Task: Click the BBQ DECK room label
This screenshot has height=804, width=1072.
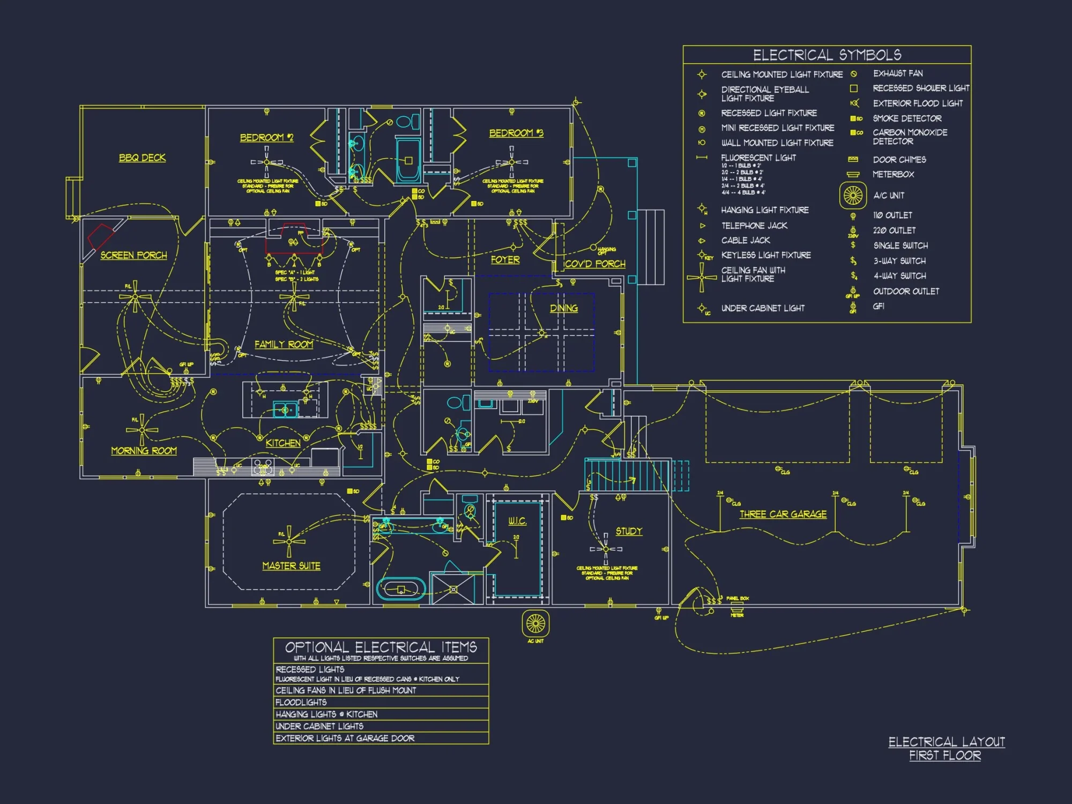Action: coord(142,158)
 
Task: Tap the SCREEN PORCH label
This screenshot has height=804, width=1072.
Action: coord(133,255)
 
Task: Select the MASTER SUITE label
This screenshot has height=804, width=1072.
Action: coord(291,565)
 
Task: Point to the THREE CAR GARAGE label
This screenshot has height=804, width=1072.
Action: coord(783,514)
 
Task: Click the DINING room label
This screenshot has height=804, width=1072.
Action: coord(564,308)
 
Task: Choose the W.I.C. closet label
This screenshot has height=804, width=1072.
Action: coord(517,521)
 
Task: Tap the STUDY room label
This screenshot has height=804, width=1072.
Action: coord(629,531)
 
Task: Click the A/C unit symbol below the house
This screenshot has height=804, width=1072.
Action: coord(535,623)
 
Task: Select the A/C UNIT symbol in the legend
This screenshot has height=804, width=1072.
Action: coord(853,195)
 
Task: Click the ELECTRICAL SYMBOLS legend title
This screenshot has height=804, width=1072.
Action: coord(827,55)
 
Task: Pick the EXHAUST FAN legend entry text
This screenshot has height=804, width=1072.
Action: coord(898,73)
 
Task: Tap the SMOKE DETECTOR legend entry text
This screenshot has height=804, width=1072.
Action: coord(907,118)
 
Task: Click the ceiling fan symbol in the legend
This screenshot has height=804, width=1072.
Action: coord(702,277)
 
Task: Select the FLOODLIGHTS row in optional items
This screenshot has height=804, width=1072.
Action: coord(301,702)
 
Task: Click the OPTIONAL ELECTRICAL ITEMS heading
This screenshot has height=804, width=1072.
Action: coord(381,647)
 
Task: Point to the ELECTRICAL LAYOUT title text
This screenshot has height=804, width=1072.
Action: coord(947,742)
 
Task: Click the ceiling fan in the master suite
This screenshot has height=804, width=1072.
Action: coord(289,541)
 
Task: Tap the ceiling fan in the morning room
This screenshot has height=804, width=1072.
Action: coord(142,430)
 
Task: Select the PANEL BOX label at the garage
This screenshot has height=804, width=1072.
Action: coord(738,598)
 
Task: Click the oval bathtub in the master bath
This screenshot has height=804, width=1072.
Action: coord(401,589)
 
